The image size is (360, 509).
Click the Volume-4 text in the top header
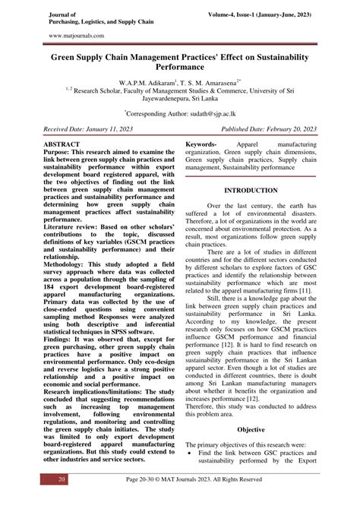[x=234, y=13]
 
